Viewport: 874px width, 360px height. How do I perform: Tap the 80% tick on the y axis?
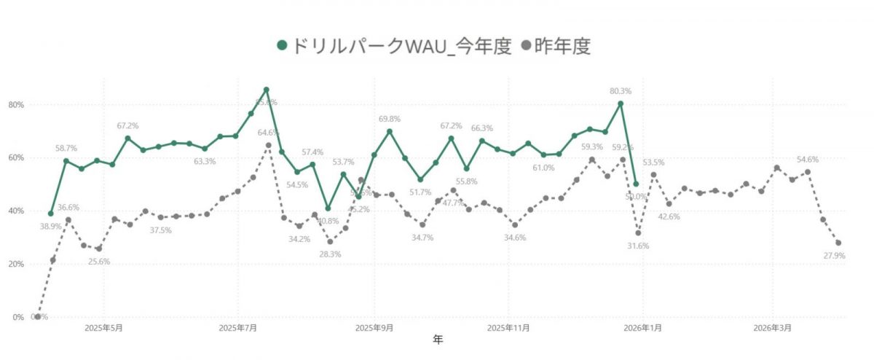click(16, 105)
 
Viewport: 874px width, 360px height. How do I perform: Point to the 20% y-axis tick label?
click(16, 265)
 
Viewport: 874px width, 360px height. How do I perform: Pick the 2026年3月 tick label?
click(773, 329)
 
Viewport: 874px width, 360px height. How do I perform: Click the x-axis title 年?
click(437, 340)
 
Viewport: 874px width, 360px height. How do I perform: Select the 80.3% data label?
click(621, 91)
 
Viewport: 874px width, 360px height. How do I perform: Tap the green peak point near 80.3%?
click(621, 103)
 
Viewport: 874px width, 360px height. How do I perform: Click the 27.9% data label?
click(834, 256)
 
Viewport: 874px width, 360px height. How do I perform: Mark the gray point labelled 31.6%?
click(638, 232)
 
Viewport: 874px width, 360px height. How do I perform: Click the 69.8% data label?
click(390, 119)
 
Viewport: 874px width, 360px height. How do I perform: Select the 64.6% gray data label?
click(268, 133)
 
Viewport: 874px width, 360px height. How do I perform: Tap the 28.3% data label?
click(330, 254)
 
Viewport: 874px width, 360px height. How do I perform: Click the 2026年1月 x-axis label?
click(645, 329)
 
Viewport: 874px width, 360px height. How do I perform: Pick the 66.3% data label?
click(481, 128)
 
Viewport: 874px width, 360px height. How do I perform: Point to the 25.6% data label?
click(98, 262)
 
